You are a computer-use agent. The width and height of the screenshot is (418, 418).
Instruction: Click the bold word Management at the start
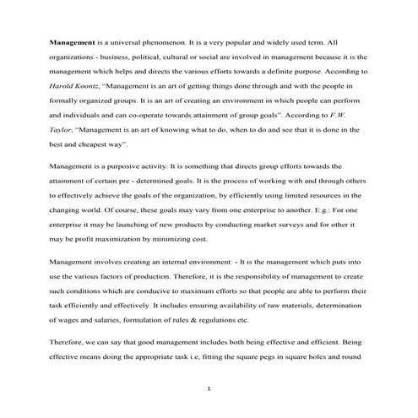pyautogui.click(x=71, y=41)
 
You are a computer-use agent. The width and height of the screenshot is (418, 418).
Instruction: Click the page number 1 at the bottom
pyautogui.click(x=209, y=388)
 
